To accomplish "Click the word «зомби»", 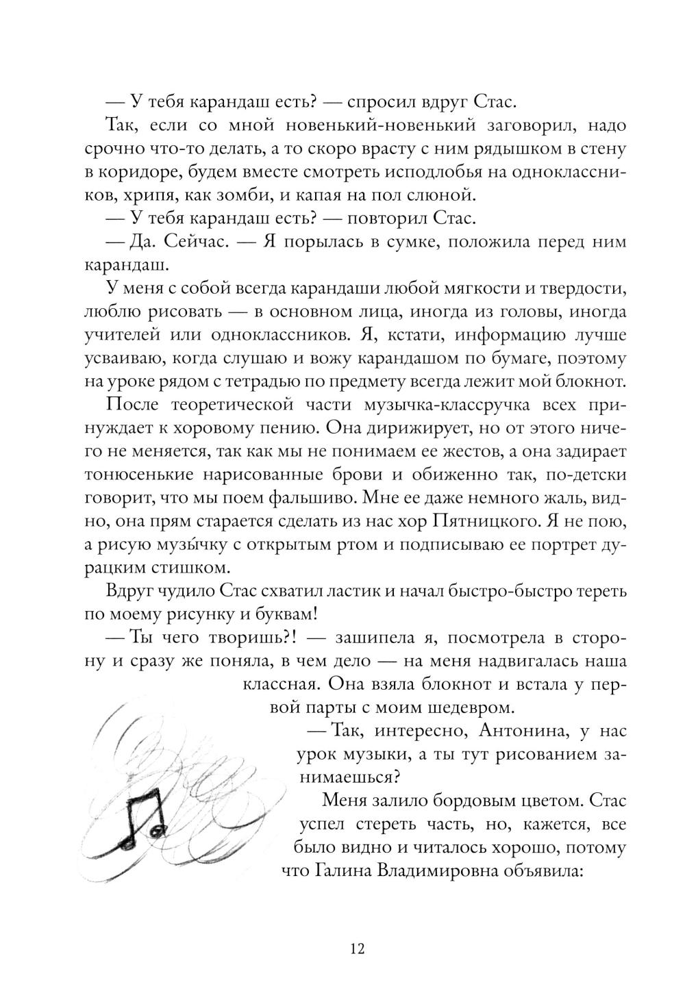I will [x=234, y=195].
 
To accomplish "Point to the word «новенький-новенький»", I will [x=375, y=125].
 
